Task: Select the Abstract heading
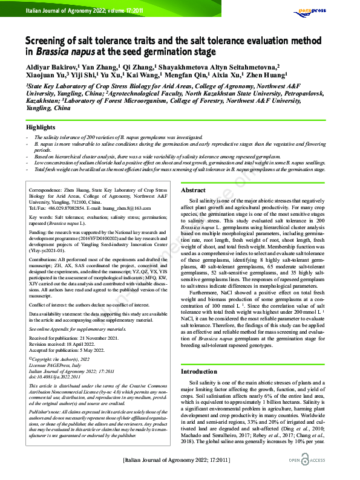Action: click(194, 190)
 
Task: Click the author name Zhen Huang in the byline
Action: click(266, 77)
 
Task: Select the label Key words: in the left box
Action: click(43, 216)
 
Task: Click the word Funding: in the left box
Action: click(40, 232)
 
